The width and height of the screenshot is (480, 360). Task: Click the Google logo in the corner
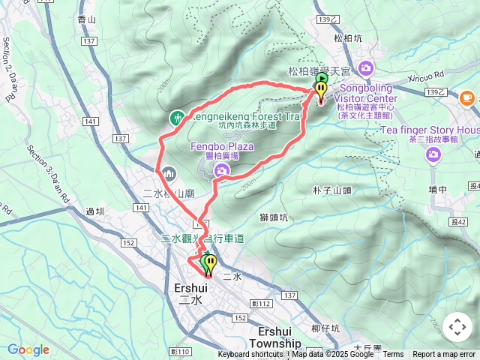28,349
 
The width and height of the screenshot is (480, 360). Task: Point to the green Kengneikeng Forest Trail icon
177,117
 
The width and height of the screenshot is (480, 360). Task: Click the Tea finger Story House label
430,130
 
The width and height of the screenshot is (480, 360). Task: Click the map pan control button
457,327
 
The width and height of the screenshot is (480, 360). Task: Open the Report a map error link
445,355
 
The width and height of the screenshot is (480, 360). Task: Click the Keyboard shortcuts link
251,355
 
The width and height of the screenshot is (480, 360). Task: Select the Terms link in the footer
393,355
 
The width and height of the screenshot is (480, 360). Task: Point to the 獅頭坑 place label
274,217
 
